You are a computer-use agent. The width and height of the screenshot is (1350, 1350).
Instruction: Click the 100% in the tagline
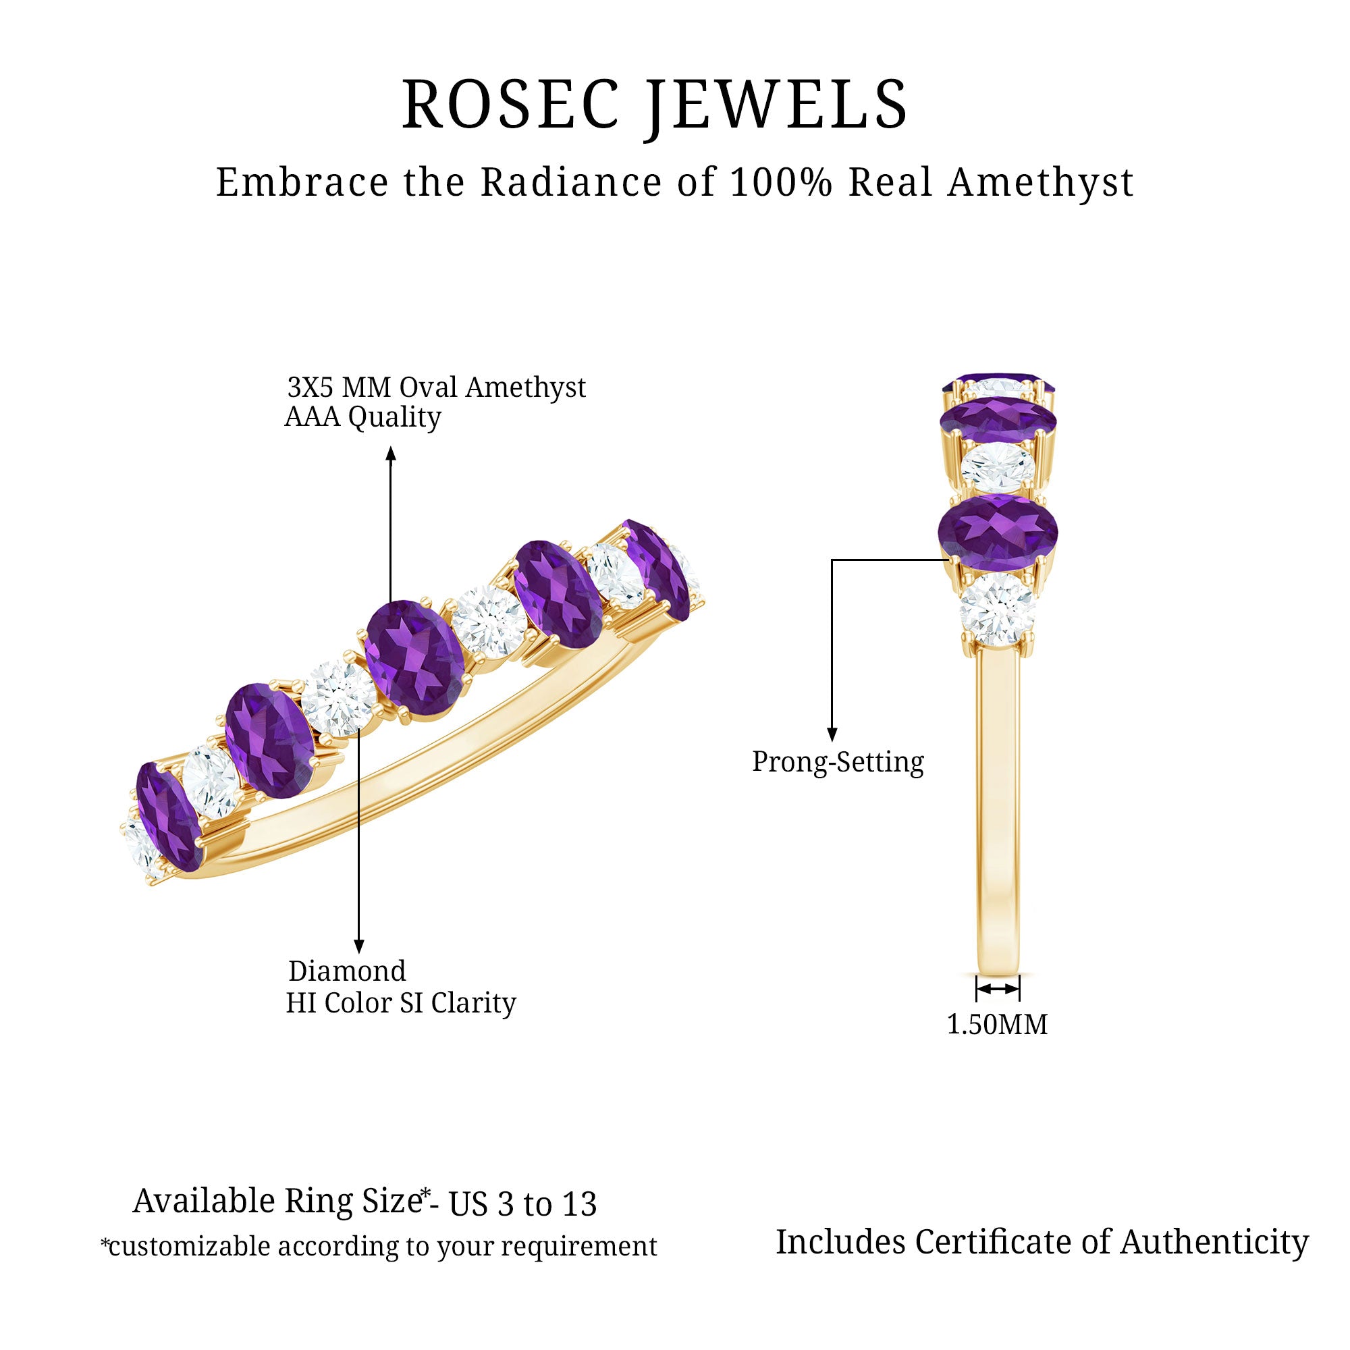781,182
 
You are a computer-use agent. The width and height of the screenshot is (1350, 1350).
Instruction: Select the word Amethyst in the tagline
1039,182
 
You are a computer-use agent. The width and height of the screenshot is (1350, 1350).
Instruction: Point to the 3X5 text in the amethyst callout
312,387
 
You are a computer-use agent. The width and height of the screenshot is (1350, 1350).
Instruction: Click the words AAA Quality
362,417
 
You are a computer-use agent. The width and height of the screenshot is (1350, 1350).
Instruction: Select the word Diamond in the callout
346,971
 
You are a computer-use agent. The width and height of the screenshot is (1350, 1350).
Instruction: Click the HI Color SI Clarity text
400,1003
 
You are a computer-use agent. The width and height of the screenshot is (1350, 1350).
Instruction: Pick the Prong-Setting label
837,761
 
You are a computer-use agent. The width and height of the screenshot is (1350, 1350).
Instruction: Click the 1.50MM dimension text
996,1025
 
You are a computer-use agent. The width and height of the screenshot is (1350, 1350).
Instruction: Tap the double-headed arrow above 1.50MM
997,989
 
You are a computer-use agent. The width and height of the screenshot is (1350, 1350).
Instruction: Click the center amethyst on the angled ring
415,657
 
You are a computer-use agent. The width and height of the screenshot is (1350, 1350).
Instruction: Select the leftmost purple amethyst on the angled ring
167,816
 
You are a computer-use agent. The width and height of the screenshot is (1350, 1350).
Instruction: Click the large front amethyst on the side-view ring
997,531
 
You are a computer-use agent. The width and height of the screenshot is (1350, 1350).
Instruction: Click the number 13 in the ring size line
578,1204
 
